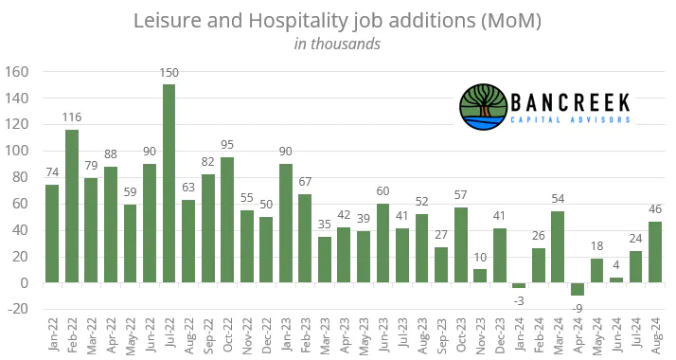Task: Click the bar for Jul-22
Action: coord(169,183)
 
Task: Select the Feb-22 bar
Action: coord(72,207)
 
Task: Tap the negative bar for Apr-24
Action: coord(578,289)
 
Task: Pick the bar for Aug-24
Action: coord(655,252)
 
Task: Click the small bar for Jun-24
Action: coord(616,280)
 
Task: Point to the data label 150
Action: coord(169,73)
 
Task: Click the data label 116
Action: coord(72,117)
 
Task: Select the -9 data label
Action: coord(578,308)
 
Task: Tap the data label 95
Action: coord(227,145)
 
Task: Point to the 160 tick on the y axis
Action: coord(16,72)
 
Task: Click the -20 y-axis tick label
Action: coord(16,309)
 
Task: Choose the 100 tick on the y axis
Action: coord(16,152)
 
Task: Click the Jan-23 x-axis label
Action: coord(286,335)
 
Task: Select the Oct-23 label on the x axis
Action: coord(461,335)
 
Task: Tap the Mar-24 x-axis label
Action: coord(558,336)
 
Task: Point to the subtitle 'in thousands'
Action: coord(337,44)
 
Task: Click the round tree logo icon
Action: coord(483,106)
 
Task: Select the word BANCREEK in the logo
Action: coord(570,103)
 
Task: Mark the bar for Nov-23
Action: coord(480,276)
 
